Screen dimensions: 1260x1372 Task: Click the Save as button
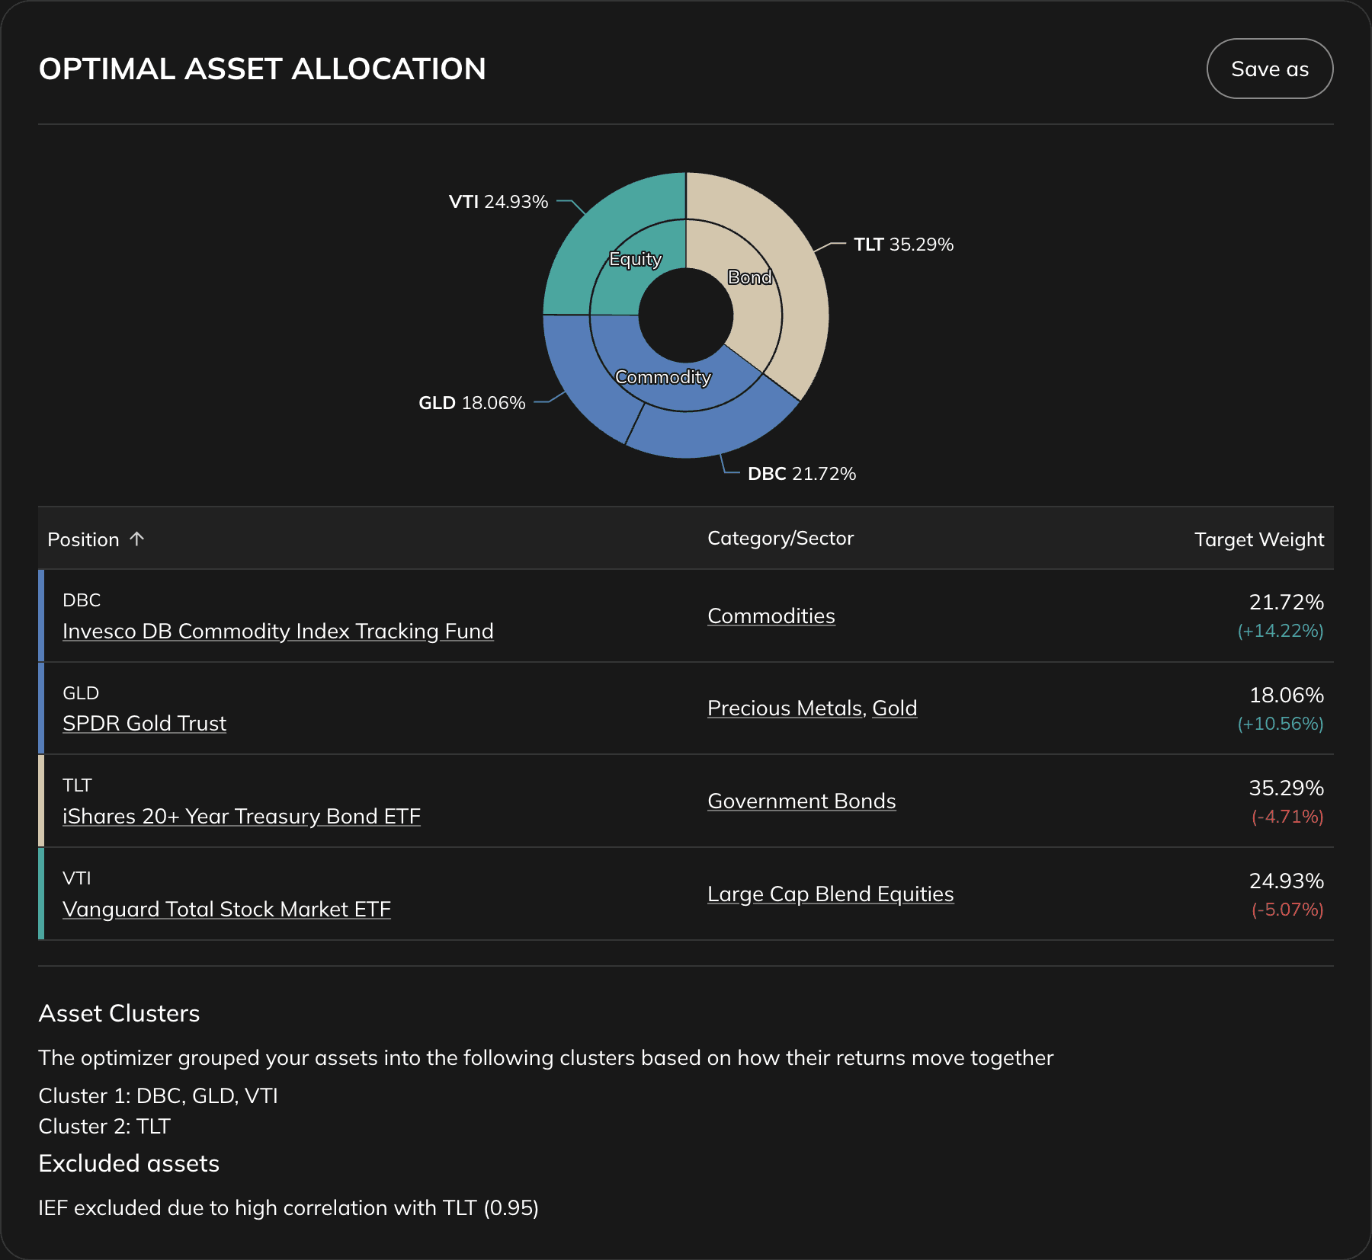click(1269, 69)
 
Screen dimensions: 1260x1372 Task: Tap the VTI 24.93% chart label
click(498, 202)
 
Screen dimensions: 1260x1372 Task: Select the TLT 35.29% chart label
click(903, 245)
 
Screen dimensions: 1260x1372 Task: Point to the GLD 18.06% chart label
click(472, 403)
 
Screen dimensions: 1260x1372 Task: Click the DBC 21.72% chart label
click(802, 474)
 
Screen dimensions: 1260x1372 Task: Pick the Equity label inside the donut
click(636, 259)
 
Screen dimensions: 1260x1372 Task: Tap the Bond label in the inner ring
click(750, 277)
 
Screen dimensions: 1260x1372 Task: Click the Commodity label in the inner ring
click(663, 377)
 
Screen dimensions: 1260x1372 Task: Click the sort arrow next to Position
click(137, 539)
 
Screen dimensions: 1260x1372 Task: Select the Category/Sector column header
click(781, 539)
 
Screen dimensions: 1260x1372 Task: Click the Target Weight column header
click(1258, 539)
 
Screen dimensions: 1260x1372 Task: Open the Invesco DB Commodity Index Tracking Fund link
click(278, 632)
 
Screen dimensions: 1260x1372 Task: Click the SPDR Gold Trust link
click(145, 724)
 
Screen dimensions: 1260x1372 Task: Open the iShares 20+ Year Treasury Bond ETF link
click(242, 817)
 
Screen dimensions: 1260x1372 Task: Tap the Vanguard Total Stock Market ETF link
click(226, 910)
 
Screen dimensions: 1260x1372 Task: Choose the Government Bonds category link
click(802, 801)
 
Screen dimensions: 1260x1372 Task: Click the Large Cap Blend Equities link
click(831, 894)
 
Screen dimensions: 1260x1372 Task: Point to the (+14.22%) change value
click(1281, 631)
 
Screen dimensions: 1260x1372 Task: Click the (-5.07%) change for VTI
click(1287, 910)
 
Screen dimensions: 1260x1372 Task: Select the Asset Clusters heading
click(120, 1013)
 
